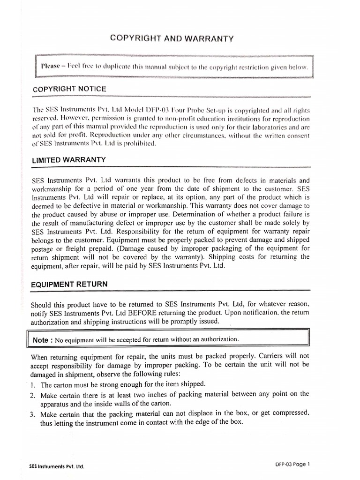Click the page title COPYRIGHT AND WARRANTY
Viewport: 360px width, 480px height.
tap(171, 38)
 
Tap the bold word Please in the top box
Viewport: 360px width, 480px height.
tap(52, 66)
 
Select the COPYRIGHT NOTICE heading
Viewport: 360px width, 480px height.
tap(69, 89)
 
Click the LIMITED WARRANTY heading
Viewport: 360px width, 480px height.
tap(68, 160)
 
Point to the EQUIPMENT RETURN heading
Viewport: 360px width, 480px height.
tap(69, 284)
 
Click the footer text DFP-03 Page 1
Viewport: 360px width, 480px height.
tap(293, 464)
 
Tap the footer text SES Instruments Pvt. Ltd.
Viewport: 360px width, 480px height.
tap(57, 467)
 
